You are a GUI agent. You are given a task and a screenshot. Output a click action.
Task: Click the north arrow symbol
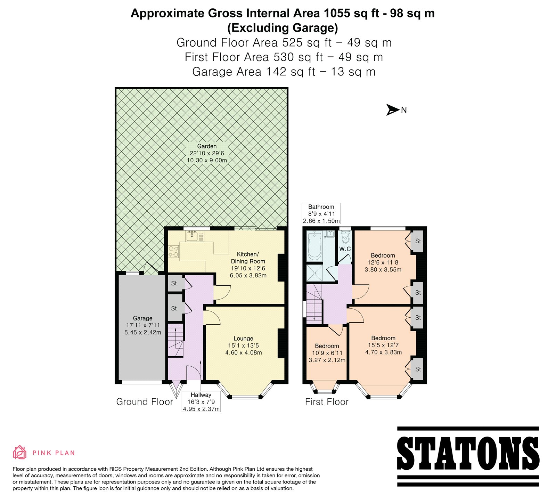pos(393,110)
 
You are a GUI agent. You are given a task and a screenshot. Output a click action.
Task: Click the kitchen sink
pos(192,236)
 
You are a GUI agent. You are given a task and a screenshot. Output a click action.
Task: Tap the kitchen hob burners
pos(173,252)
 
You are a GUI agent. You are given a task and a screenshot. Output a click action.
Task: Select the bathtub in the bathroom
pos(314,245)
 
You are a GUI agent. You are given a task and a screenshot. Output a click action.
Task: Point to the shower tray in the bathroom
pos(314,273)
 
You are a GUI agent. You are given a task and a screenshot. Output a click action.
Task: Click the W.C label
pos(345,249)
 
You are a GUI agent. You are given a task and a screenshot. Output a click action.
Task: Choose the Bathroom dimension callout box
pos(321,214)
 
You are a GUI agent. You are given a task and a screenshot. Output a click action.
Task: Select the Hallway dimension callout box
pos(201,402)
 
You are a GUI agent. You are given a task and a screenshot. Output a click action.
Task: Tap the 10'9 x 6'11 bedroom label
pos(327,353)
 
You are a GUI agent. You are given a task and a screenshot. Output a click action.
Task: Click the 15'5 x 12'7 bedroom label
pos(383,345)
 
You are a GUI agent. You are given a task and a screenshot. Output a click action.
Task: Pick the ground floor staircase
pos(175,340)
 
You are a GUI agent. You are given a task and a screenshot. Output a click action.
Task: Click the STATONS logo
pos(468,456)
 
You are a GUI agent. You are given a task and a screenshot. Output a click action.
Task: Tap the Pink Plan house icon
pos(20,452)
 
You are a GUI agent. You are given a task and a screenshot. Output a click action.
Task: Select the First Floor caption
pos(327,402)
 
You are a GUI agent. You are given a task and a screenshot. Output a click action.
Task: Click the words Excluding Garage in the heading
pos(283,28)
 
